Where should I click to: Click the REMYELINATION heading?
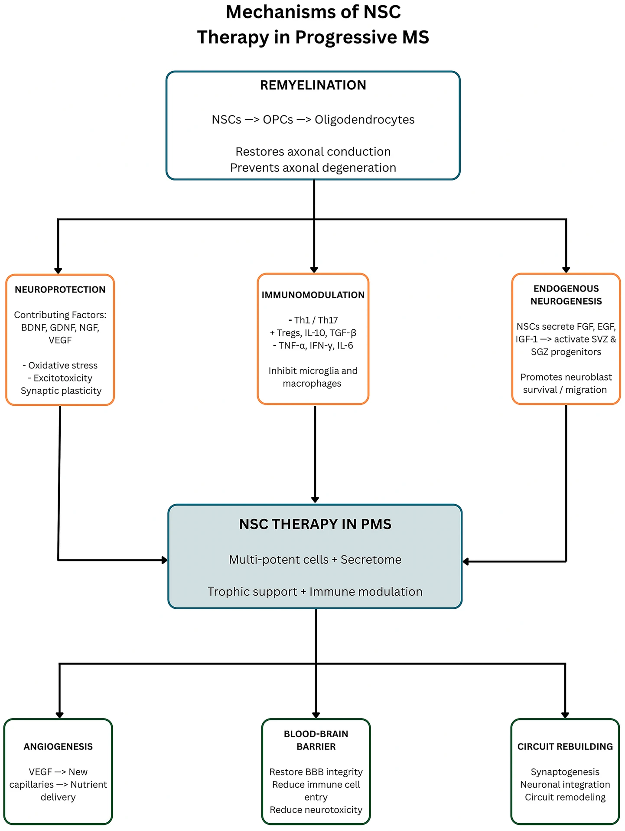(313, 85)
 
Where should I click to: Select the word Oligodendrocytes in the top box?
(365, 120)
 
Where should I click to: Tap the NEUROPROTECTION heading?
(60, 289)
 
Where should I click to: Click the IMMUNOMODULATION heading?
(313, 295)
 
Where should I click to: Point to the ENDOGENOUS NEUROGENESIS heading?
(566, 295)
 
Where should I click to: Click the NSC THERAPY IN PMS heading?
(315, 524)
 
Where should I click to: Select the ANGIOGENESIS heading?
(58, 746)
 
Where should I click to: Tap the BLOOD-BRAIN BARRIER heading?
(316, 740)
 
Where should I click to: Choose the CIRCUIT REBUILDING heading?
(565, 746)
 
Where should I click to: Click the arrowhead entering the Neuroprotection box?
(58, 271)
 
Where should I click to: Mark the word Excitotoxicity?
(63, 378)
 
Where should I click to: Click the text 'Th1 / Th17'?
(316, 320)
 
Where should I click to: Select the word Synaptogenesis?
(565, 772)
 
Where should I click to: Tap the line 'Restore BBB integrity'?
(316, 772)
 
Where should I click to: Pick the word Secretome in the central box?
(371, 560)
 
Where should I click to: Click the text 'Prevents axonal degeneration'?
(313, 168)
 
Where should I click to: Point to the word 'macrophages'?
(312, 384)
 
